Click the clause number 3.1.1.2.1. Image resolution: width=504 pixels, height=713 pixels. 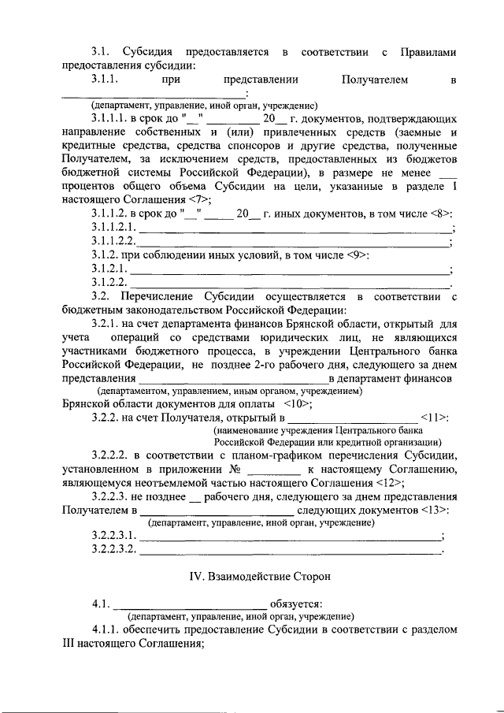point(115,228)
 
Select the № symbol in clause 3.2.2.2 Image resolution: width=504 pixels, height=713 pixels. point(234,470)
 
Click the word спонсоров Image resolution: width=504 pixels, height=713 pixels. point(265,147)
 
